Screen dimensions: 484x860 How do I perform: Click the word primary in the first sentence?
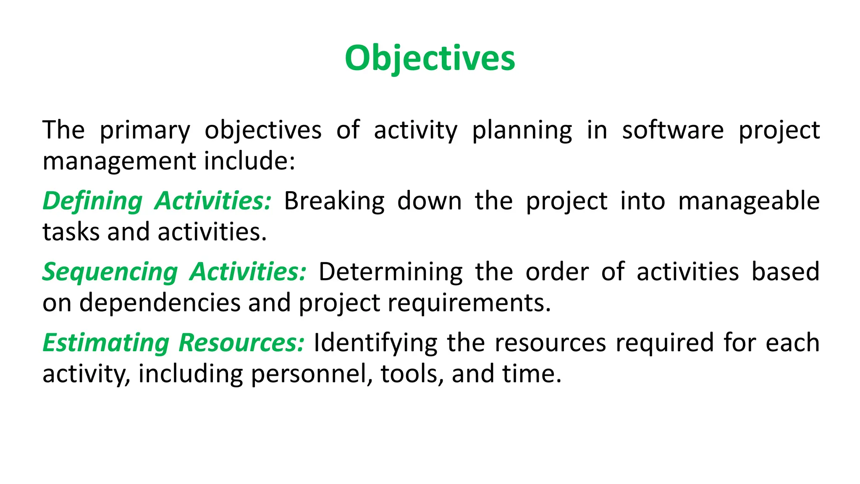point(144,130)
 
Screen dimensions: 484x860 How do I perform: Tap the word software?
point(673,130)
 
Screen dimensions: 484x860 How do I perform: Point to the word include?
point(250,161)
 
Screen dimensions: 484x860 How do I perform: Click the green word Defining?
point(92,201)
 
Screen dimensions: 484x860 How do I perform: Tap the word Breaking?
point(334,201)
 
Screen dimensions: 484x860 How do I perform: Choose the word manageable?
point(749,201)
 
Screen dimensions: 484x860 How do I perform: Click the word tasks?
point(71,232)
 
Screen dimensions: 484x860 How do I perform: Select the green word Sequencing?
point(110,272)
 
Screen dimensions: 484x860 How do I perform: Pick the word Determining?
point(391,272)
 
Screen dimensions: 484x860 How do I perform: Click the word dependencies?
point(160,303)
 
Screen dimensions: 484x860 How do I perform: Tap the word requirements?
point(469,303)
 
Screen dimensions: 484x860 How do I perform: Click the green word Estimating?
point(106,343)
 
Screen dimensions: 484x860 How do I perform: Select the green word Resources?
point(241,343)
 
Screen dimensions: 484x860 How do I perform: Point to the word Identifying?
point(375,343)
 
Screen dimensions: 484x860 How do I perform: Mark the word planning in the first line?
point(522,130)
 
